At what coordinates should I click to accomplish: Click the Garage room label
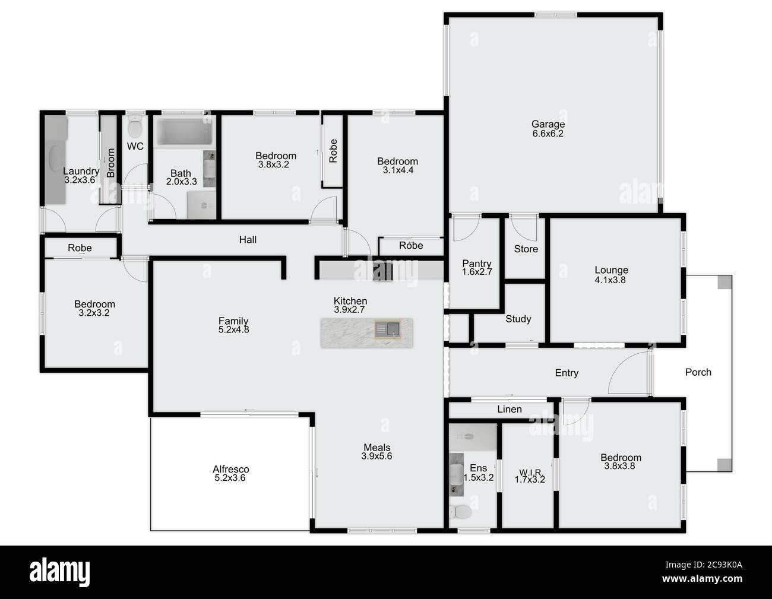(548, 124)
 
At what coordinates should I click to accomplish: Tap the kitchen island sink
(388, 329)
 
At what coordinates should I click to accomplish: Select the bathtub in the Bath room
(184, 132)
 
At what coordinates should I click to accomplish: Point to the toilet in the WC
(135, 126)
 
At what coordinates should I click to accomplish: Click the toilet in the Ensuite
(460, 512)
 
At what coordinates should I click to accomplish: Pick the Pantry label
(477, 264)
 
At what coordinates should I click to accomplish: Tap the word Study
(518, 319)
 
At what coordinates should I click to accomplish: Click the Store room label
(526, 249)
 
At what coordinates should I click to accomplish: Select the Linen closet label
(510, 409)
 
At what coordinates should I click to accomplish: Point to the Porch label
(698, 372)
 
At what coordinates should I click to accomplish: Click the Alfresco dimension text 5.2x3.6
(230, 478)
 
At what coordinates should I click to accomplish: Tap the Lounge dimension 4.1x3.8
(610, 280)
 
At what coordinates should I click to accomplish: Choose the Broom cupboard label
(111, 163)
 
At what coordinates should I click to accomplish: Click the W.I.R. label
(530, 472)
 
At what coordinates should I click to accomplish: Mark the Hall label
(248, 240)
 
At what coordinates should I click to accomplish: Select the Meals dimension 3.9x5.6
(376, 457)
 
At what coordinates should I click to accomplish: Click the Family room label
(233, 321)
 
